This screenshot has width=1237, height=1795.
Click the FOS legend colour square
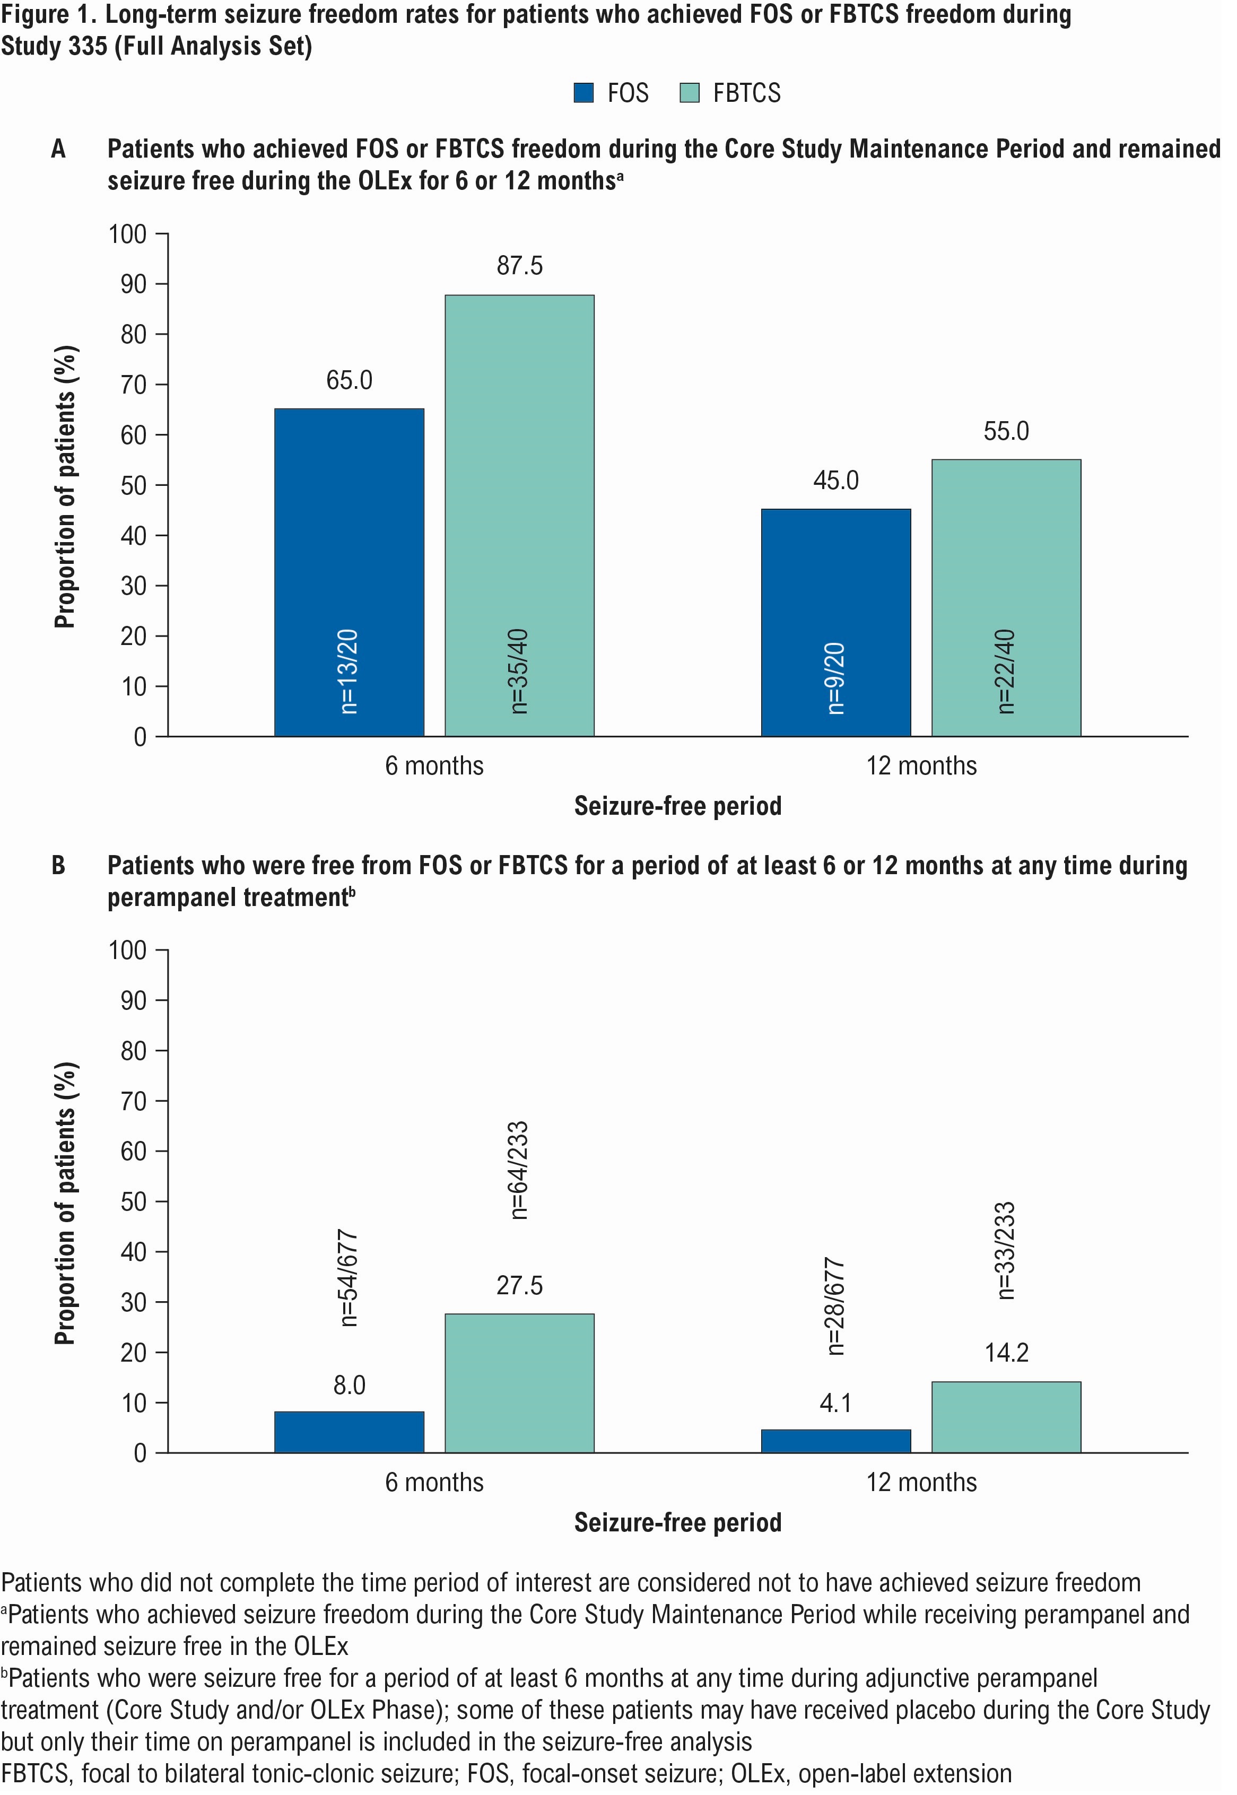pos(583,93)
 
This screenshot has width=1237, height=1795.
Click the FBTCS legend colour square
pos(689,93)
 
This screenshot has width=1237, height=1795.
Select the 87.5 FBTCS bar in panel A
pos(519,516)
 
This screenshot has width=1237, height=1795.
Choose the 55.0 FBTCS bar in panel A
pos(1006,598)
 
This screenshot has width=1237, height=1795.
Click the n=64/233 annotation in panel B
pos(519,1170)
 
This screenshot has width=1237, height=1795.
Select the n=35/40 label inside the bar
pos(519,670)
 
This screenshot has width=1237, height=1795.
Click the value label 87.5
pos(519,266)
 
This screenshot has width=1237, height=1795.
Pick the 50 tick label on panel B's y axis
pos(133,1201)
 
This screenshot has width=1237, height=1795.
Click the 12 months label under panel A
pos(921,766)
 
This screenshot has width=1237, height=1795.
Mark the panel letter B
pos(59,865)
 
